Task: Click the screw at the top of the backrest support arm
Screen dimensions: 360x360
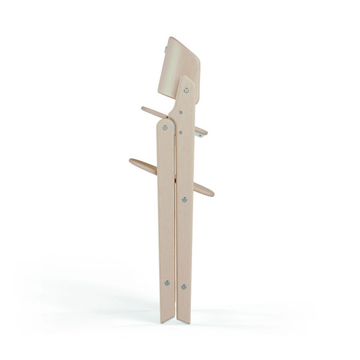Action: pyautogui.click(x=186, y=91)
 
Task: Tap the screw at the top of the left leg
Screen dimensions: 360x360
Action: pyautogui.click(x=165, y=127)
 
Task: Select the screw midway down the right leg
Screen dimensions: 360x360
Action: pyautogui.click(x=184, y=199)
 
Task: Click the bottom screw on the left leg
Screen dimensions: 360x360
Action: pyautogui.click(x=167, y=283)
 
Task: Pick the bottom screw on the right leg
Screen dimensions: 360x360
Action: pyautogui.click(x=184, y=287)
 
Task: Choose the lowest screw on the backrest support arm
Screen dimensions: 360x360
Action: pyautogui.click(x=180, y=131)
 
